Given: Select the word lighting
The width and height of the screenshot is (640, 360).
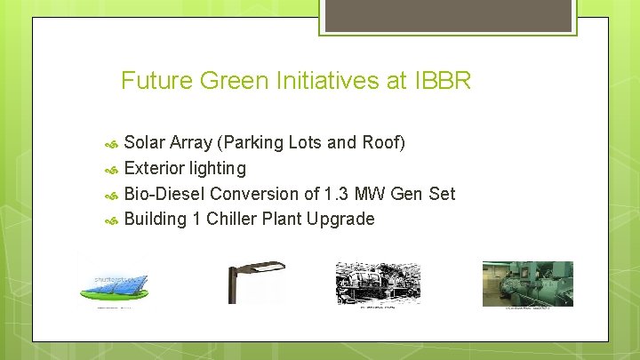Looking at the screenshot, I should point(220,168).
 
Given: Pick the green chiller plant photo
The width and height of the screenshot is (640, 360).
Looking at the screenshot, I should point(527,284).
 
